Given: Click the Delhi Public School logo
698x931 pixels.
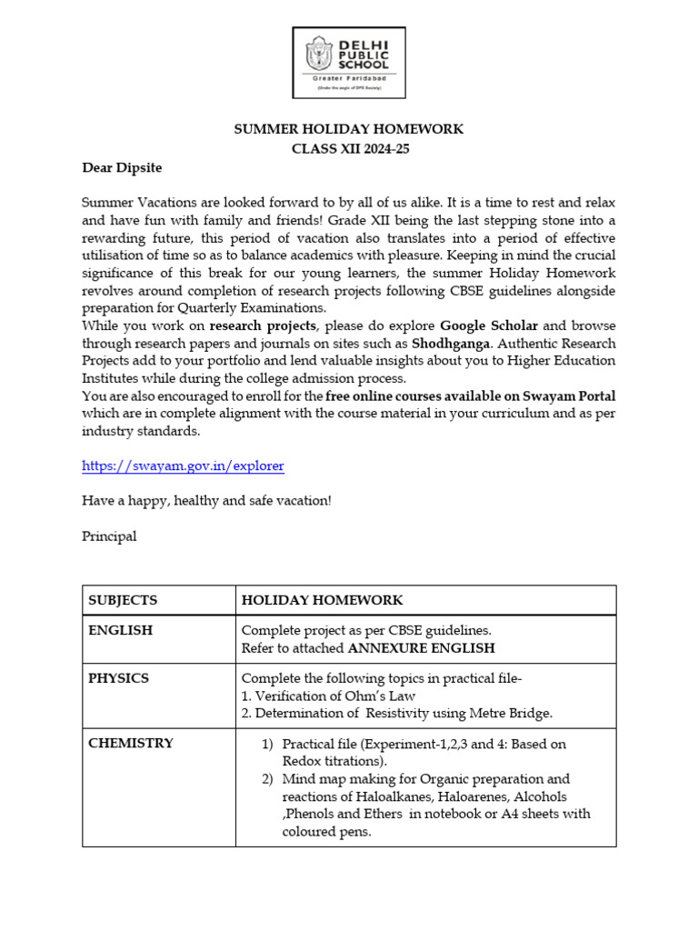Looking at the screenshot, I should pos(348,63).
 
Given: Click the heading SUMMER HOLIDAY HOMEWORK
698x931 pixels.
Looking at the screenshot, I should pos(349,129).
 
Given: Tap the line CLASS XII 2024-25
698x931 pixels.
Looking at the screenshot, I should pos(349,148).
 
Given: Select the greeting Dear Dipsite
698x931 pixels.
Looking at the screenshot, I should pos(122,168).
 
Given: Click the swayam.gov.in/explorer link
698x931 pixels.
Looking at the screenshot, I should pos(183,465).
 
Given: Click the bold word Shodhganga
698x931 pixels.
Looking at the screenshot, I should pos(448,344).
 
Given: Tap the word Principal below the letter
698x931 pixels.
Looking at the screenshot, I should pos(109,536).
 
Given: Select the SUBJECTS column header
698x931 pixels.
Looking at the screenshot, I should pos(123,600).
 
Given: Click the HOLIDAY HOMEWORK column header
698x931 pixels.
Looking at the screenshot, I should pos(322,600).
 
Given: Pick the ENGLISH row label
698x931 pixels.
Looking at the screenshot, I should pos(120,629).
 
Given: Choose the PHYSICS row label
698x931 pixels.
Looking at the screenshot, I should pos(118,678).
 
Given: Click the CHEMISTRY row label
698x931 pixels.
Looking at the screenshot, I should pos(131,743).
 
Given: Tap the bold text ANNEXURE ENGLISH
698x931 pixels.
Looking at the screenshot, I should pos(422,648).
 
